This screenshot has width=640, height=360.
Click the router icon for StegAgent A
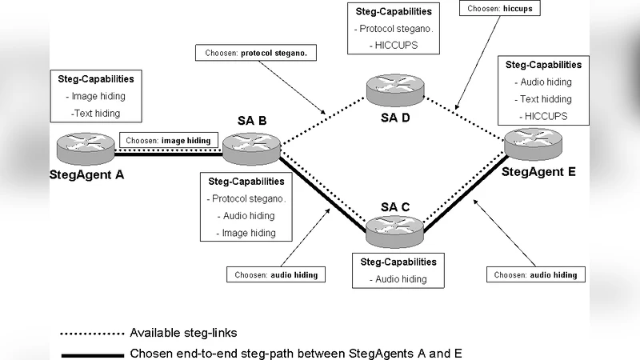pyautogui.click(x=86, y=147)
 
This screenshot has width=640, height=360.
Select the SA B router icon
pyautogui.click(x=251, y=148)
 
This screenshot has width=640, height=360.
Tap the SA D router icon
pyautogui.click(x=393, y=89)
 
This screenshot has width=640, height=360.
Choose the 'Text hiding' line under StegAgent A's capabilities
pyautogui.click(x=95, y=113)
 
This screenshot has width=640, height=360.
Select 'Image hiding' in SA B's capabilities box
pyautogui.click(x=246, y=233)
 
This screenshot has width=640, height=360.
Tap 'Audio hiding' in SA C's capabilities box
pyautogui.click(x=398, y=279)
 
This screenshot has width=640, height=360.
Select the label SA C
pyautogui.click(x=395, y=206)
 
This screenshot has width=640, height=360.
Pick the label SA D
pyautogui.click(x=394, y=118)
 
